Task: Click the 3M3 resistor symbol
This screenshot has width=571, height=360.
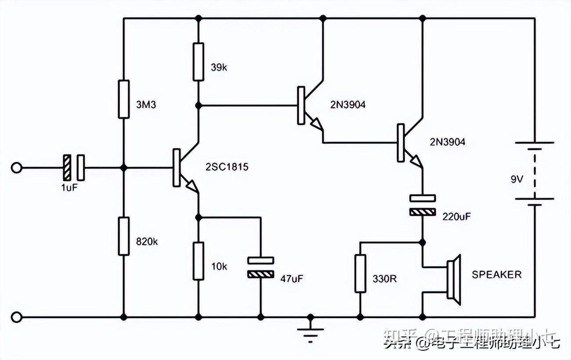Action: tap(124, 99)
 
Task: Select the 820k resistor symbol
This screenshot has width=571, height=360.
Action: tap(124, 236)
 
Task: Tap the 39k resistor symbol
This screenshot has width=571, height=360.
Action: tap(199, 61)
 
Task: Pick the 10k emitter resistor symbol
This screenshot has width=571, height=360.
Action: tap(199, 260)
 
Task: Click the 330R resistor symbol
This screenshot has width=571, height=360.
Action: tap(360, 273)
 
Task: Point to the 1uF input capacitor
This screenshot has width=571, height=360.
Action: tap(73, 168)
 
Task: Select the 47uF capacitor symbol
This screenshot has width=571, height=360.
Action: tap(260, 267)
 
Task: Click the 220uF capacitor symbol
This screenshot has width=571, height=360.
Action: tap(423, 205)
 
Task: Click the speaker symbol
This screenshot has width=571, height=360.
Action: tap(452, 280)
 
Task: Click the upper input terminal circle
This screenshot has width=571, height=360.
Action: tap(16, 168)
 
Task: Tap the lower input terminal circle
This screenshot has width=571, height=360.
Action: tap(16, 317)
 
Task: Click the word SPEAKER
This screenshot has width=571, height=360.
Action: tap(497, 275)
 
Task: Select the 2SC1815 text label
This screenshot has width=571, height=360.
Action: tap(227, 167)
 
